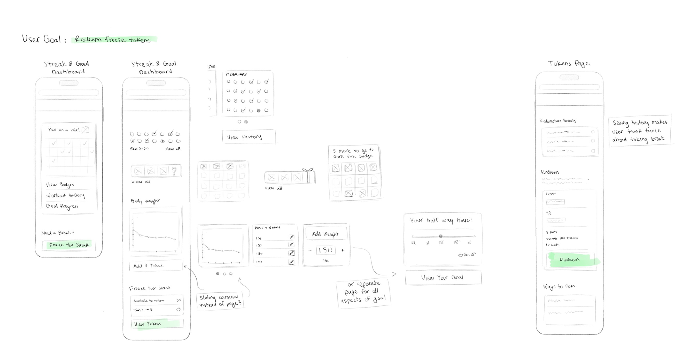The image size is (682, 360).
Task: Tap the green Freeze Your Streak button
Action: point(69,245)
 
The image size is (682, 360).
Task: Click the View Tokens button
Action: point(157,324)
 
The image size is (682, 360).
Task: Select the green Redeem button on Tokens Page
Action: point(570,260)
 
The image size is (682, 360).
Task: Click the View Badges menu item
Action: point(60,185)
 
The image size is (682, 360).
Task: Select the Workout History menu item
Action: point(65,195)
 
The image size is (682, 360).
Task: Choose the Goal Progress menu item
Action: point(62,206)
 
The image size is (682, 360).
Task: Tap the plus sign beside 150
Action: point(343,250)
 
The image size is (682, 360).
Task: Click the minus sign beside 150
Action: point(310,250)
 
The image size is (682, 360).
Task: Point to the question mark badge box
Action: point(174,171)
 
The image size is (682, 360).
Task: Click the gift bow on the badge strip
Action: point(308,170)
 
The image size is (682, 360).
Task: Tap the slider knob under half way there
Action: point(440,236)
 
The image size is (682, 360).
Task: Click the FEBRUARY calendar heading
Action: point(236,74)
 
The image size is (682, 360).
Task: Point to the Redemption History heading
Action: point(558,121)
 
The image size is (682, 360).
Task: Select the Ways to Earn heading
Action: point(559,286)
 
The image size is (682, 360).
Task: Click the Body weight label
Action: point(145,201)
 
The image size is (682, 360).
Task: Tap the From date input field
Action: point(555,202)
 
